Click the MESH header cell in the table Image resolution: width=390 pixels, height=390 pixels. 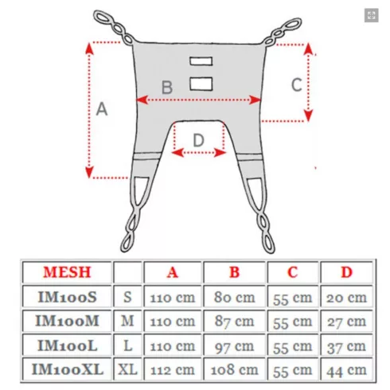tap(67, 272)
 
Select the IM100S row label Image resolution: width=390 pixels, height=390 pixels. tap(67, 297)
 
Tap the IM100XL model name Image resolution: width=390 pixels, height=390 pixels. tap(67, 369)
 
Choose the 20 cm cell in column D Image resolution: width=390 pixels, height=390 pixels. tap(346, 297)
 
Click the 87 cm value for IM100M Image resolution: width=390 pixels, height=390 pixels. tap(234, 322)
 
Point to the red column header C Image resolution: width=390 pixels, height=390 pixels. tap(293, 272)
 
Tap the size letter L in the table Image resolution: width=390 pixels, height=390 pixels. tap(128, 345)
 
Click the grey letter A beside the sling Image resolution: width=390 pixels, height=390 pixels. tap(102, 109)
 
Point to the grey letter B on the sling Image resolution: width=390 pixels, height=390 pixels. tap(167, 88)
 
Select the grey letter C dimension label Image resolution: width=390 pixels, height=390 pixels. tap(297, 84)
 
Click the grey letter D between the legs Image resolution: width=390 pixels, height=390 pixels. tap(198, 140)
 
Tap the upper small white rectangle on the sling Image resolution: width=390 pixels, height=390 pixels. tap(201, 61)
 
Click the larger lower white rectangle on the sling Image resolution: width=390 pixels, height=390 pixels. tap(201, 84)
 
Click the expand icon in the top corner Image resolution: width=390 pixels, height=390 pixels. tap(371, 15)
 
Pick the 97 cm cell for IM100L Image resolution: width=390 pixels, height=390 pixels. tap(234, 345)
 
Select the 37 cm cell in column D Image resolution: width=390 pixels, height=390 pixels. tap(346, 345)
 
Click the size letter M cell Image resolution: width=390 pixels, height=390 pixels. tap(127, 322)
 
